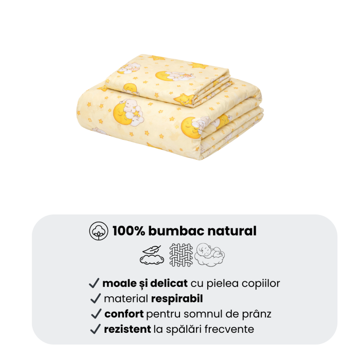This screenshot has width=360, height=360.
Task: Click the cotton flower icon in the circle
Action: click(98, 231)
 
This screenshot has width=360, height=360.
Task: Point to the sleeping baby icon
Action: click(210, 254)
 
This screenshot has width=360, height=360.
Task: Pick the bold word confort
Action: click(124, 314)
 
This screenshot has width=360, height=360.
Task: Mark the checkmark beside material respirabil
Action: click(95, 298)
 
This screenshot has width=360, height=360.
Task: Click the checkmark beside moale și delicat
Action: click(94, 283)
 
